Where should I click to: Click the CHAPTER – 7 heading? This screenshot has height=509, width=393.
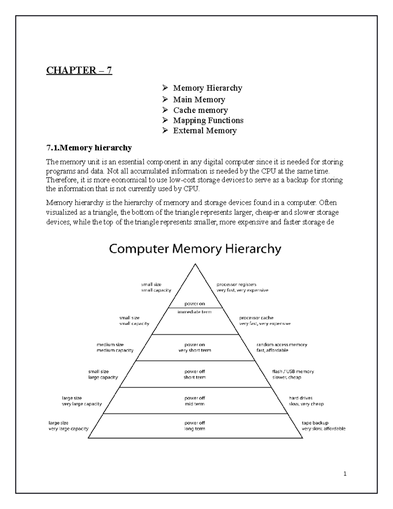pos(79,70)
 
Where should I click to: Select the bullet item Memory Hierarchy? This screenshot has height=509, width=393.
pos(208,88)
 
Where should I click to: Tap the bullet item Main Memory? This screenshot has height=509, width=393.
pos(199,99)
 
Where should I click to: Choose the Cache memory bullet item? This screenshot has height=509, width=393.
pos(200,110)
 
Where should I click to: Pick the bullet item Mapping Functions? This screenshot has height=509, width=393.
pos(208,120)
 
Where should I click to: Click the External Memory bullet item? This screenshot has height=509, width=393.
pos(205,130)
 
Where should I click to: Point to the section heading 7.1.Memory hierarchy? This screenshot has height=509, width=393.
pos(89,148)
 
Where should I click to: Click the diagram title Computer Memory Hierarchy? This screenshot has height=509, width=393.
pos(195,249)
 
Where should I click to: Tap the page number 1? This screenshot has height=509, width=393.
pos(345,474)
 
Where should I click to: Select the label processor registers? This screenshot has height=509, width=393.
pos(236,284)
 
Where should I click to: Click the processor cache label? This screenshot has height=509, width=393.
pos(256,318)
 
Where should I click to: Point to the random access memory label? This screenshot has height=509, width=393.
pos(282,344)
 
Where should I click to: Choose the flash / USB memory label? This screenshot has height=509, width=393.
pos(293,371)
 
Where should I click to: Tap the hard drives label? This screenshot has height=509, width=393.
pos(300,398)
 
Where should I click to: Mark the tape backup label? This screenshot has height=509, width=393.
pos(315,423)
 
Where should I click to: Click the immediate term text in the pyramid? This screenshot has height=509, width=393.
pos(195,312)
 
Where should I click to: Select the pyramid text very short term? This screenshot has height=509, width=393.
pos(195,350)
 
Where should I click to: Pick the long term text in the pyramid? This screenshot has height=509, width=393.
pos(195,429)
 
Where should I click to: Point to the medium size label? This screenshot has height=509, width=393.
pos(110,344)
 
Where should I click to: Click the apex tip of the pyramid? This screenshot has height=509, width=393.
pos(195,264)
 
